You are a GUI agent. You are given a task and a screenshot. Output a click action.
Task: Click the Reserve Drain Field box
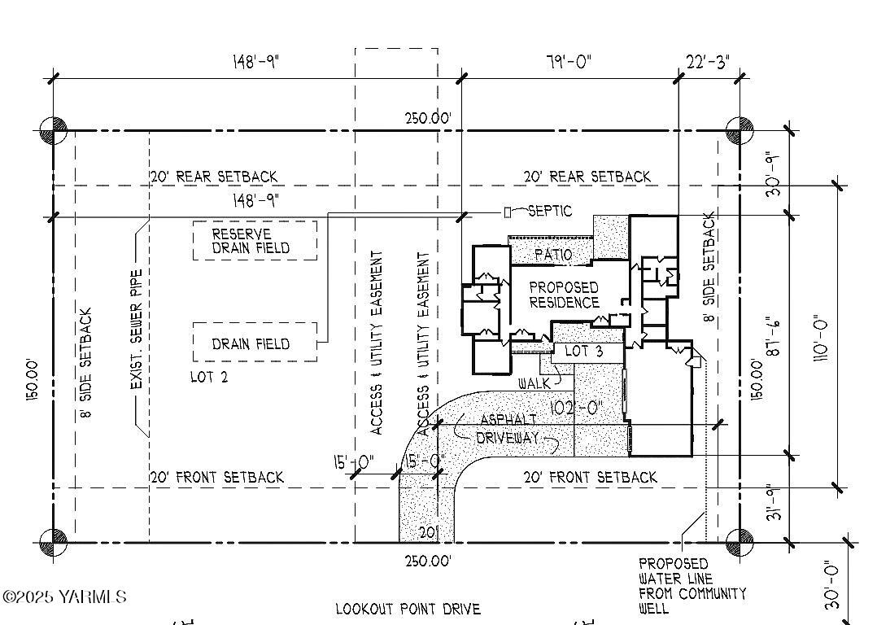[254, 241]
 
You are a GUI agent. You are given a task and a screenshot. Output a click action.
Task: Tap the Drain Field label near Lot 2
[251, 343]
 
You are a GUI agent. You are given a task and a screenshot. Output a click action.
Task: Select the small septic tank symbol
[530, 212]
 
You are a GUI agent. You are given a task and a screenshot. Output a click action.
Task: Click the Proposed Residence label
[564, 295]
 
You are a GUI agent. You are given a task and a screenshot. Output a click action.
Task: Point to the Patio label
[553, 255]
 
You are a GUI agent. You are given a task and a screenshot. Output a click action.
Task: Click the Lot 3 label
[583, 352]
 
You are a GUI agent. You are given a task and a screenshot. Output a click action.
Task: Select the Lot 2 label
[208, 377]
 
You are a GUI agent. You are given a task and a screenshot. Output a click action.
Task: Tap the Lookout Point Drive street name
[408, 609]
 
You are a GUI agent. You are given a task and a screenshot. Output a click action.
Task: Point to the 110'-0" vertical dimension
[822, 339]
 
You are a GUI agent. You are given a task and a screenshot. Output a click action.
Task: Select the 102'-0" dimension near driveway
[574, 408]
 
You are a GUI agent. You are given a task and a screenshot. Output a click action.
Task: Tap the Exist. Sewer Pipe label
[137, 329]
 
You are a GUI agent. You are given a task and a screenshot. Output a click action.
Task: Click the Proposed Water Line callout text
[691, 586]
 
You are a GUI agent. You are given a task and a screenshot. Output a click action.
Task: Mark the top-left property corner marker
[53, 130]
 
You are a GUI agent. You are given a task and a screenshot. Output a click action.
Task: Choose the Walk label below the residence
[534, 382]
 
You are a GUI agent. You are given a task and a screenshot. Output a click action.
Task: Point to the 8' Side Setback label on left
[87, 362]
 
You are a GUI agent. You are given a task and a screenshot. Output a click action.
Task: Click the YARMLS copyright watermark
[65, 597]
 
